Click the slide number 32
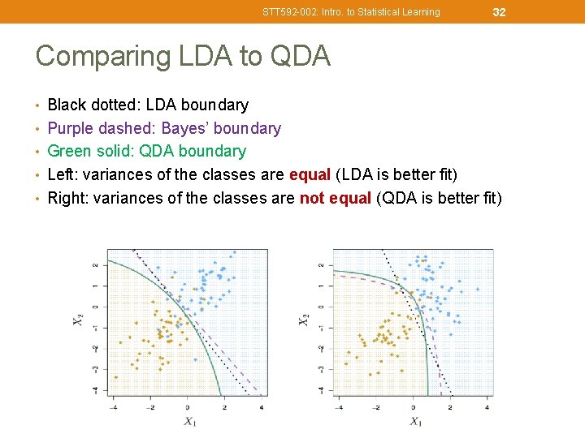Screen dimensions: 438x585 [x=499, y=11]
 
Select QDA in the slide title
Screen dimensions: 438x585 [x=300, y=56]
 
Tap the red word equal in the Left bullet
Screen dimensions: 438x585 [x=308, y=174]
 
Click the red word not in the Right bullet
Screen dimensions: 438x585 [x=313, y=197]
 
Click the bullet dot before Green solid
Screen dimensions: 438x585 [x=40, y=152]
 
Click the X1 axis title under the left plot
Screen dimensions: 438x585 [x=188, y=421]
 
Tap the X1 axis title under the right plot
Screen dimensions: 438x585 [x=415, y=421]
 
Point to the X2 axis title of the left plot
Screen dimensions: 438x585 [x=78, y=320]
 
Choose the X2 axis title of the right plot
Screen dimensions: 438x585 [x=304, y=320]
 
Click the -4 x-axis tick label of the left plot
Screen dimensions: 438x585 [x=113, y=406]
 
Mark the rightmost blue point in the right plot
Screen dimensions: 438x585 [x=477, y=289]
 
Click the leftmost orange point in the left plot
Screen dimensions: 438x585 [x=115, y=376]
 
